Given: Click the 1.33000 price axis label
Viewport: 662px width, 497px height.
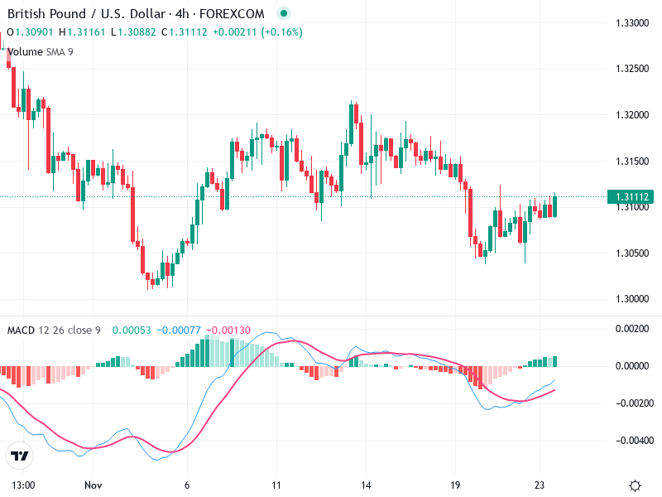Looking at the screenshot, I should tap(632, 22).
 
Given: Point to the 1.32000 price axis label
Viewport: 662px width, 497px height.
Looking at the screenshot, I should tap(632, 114).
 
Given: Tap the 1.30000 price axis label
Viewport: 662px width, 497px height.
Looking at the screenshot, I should tap(632, 299).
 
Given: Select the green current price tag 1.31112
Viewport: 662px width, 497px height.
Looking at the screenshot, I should tap(632, 197).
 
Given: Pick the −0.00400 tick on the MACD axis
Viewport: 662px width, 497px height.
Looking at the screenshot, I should tap(632, 440).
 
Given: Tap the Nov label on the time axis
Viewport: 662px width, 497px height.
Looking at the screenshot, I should tap(92, 485).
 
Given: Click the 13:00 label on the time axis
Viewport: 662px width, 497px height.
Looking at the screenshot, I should tap(22, 485).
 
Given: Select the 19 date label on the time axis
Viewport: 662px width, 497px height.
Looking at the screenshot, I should tap(455, 485).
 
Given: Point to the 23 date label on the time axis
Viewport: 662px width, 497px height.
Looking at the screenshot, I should tap(540, 485).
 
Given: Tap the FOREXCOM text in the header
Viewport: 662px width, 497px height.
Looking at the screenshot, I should tap(239, 13).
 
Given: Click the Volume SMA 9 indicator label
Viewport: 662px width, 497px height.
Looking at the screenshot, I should tap(41, 51).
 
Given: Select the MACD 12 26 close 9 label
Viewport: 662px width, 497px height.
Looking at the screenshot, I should tap(54, 331).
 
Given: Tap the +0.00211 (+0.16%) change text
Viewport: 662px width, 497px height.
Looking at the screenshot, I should tap(257, 32).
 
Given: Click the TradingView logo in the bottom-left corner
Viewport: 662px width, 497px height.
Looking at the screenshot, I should tap(20, 456).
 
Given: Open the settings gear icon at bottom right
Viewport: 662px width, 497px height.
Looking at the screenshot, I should tap(635, 485).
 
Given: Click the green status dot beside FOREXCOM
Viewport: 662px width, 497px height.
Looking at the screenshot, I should tap(285, 13).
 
